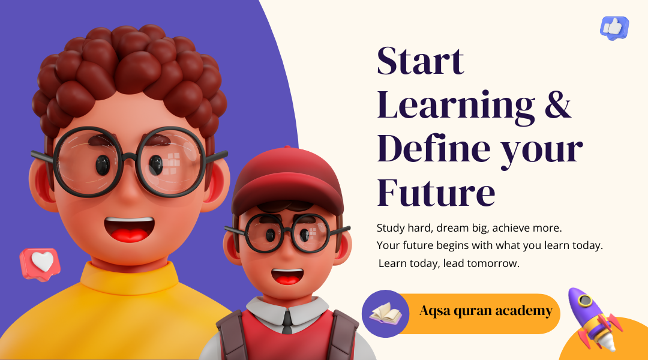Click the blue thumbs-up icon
point(614,28)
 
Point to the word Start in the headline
point(420,61)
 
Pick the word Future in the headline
point(436,192)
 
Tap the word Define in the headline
point(434,148)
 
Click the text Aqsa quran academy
point(486,311)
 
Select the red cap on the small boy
point(287,180)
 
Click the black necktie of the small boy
point(287,322)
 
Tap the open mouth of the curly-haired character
point(130,229)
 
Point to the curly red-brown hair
point(130,79)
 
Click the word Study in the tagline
point(391,229)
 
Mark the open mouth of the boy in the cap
point(287,276)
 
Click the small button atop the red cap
point(287,147)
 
